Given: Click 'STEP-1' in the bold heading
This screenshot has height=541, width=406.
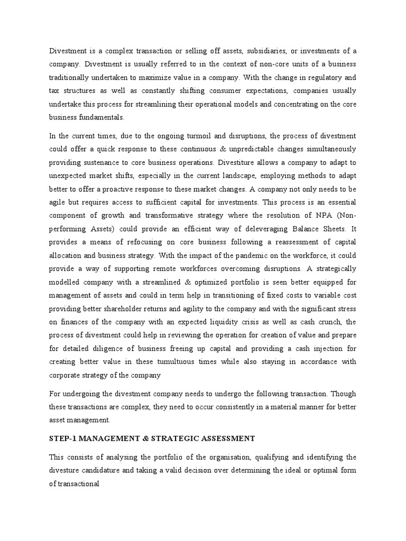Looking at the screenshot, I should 62,439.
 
